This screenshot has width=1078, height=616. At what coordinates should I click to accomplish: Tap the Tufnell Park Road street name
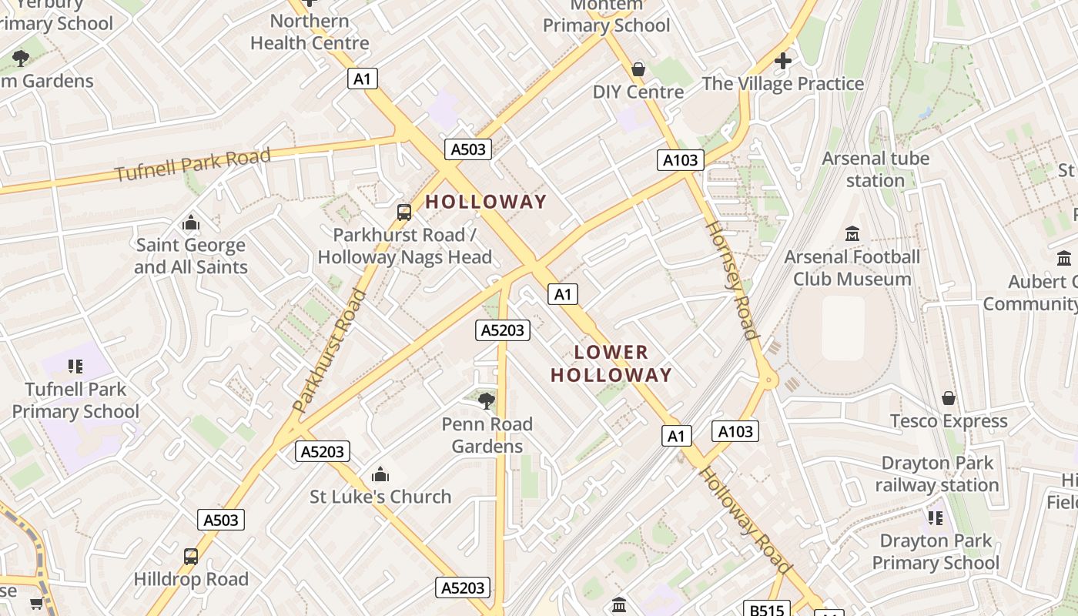[x=193, y=165]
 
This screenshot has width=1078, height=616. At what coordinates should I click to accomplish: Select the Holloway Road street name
[x=745, y=520]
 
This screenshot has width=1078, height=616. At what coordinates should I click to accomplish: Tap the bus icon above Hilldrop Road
[x=191, y=556]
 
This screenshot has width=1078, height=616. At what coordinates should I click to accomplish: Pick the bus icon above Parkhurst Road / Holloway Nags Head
[x=404, y=212]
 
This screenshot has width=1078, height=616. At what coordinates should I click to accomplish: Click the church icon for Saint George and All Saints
[x=191, y=223]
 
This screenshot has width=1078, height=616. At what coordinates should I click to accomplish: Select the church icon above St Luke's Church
[x=380, y=474]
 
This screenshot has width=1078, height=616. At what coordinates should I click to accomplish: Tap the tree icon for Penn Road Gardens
[x=487, y=400]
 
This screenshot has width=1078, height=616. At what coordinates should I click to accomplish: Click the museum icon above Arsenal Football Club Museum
[x=852, y=233]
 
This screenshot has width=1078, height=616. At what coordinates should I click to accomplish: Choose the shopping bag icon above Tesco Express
[x=949, y=398]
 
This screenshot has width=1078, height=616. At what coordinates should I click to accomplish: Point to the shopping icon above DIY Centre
[x=638, y=69]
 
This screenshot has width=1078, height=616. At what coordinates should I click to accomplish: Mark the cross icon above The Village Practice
[x=783, y=60]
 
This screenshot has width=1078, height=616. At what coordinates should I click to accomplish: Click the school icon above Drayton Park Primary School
[x=936, y=517]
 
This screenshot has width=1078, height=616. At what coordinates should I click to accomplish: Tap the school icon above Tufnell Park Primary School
[x=75, y=366]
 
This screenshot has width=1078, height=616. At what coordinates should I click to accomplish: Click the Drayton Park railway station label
[x=937, y=474]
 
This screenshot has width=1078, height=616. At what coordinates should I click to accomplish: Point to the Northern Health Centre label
[x=310, y=32]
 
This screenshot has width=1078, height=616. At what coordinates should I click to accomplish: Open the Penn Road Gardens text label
[x=487, y=435]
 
